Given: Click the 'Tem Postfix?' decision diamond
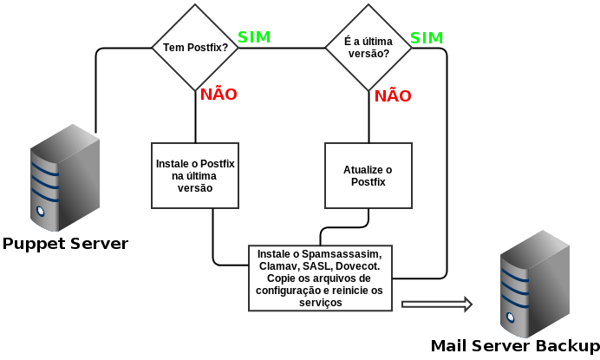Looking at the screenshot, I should [x=195, y=47].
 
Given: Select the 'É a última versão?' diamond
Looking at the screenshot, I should [x=368, y=47].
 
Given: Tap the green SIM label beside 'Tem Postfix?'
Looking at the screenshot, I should [x=254, y=37].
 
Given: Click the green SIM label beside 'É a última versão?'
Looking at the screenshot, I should [x=427, y=37].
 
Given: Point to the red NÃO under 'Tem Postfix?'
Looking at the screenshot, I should [x=218, y=94].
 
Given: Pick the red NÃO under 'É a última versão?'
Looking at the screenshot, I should [x=393, y=95].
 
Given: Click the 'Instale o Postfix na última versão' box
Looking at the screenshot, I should [x=195, y=175].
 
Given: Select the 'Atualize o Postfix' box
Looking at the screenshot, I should [x=368, y=175].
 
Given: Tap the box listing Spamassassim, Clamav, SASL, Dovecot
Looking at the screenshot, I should [x=321, y=278].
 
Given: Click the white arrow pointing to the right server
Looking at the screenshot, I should [x=437, y=304].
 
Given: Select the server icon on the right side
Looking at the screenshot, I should [x=535, y=284].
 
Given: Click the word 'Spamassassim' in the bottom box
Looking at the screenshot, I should [x=339, y=252].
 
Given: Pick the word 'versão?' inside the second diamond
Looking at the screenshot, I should [x=368, y=54].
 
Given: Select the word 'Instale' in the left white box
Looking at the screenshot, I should [x=174, y=163].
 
